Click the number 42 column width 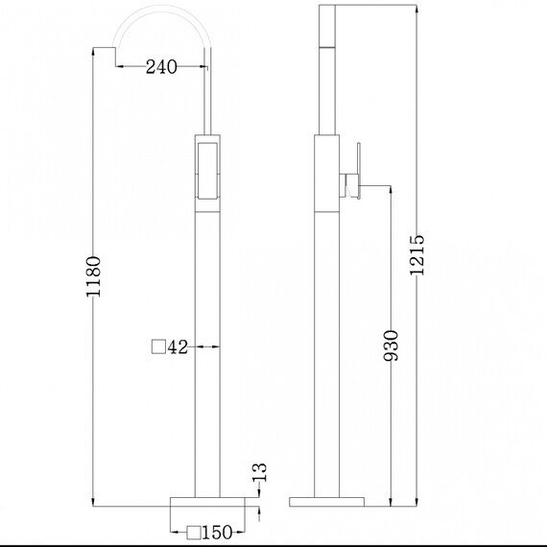[x=178, y=347]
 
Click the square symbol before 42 [x=158, y=347]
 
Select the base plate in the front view [x=208, y=502]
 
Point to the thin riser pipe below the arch [x=208, y=96]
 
